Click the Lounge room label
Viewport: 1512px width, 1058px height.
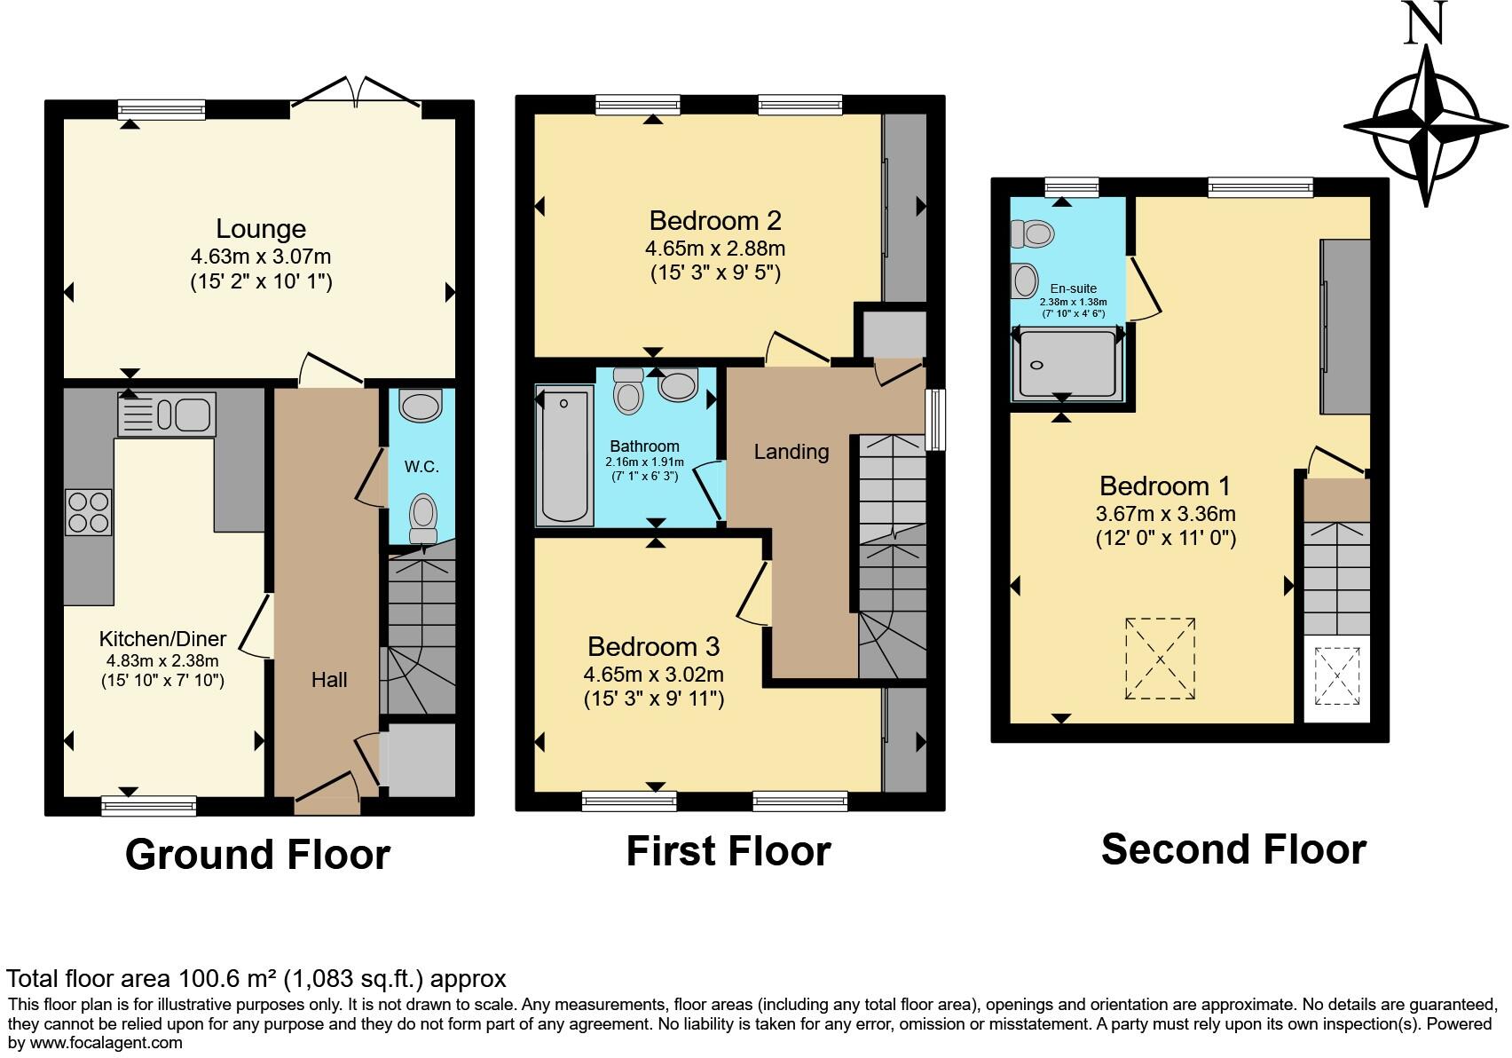point(261,229)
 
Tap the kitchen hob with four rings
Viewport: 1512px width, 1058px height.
point(89,511)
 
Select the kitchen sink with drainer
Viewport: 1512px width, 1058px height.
point(167,415)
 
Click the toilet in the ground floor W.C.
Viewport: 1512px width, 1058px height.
point(423,518)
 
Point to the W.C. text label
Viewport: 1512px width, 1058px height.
point(421,467)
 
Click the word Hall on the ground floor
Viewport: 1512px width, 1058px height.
point(329,680)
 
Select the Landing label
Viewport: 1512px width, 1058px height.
point(791,452)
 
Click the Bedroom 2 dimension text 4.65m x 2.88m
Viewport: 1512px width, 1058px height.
point(715,249)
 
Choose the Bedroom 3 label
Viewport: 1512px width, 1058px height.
point(653,646)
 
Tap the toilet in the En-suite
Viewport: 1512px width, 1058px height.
point(1032,234)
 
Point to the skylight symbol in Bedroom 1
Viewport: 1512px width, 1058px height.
point(1160,659)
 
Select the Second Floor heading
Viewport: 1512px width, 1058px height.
point(1233,849)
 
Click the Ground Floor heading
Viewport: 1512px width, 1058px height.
point(257,855)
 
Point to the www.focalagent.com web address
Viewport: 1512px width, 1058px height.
point(106,1043)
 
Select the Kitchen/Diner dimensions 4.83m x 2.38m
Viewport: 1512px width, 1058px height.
point(162,660)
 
